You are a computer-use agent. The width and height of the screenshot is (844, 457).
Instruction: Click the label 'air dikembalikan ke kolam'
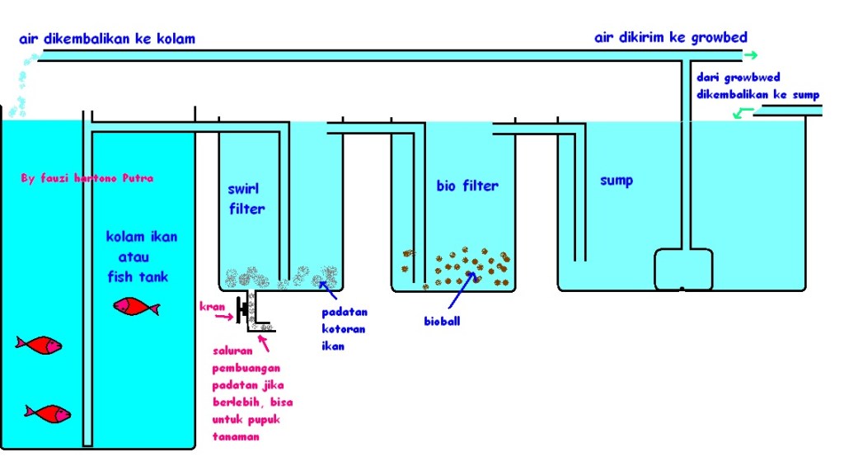pos(106,39)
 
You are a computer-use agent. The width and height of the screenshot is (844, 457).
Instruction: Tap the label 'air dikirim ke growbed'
pos(671,38)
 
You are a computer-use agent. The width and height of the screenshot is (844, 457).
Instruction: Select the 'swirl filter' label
pos(246,199)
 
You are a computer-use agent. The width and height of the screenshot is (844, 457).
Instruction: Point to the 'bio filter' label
pos(467,186)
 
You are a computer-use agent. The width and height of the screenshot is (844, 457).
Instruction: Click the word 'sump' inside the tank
pos(617,180)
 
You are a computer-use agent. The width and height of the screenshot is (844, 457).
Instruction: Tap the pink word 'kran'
pos(213,307)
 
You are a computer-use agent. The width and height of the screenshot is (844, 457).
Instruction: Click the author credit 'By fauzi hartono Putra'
pos(87,177)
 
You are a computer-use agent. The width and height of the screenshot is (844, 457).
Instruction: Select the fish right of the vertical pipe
pos(135,307)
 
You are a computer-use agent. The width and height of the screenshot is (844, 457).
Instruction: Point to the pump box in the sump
pos(682,268)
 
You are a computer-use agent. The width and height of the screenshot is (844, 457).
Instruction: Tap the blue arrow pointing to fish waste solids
pos(329,286)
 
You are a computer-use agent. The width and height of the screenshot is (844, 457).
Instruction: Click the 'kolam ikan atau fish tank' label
pos(142,257)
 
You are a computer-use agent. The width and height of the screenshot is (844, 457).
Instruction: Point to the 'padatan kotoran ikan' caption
pos(345,328)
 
